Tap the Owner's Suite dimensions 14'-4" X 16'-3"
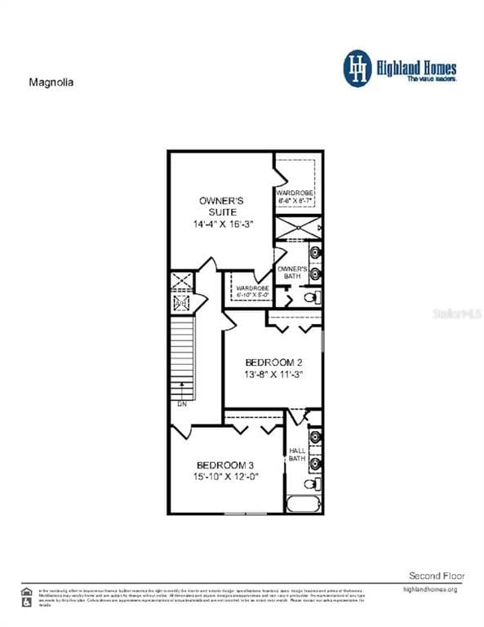(221, 223)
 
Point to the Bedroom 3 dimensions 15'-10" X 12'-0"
(225, 477)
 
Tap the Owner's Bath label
(292, 273)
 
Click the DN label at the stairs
(181, 403)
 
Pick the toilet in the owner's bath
(310, 297)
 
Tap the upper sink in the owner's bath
(315, 251)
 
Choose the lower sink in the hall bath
(315, 464)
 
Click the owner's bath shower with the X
(297, 228)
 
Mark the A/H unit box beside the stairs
(181, 303)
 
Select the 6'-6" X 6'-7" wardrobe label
(295, 196)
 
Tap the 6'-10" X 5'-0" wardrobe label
(252, 291)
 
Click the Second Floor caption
(436, 576)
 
